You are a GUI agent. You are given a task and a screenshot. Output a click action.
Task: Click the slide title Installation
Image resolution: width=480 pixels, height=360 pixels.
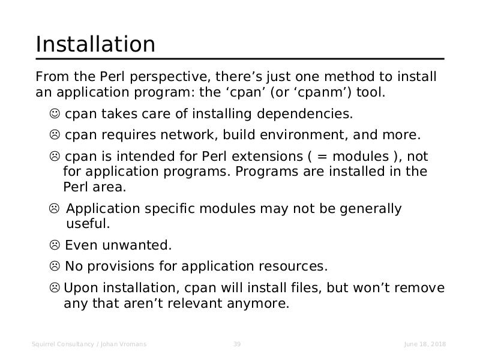coord(95,44)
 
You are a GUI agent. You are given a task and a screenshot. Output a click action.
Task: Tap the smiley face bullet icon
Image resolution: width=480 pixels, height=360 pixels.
coord(55,113)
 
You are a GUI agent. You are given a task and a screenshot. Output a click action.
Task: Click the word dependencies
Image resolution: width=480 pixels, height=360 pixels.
coord(305,114)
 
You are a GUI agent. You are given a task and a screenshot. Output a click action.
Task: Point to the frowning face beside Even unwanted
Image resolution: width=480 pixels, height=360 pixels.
coord(55,245)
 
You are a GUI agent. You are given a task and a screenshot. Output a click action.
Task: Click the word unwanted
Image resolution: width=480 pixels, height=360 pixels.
coord(137,245)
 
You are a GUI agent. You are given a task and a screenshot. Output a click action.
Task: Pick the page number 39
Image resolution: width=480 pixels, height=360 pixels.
coord(237,344)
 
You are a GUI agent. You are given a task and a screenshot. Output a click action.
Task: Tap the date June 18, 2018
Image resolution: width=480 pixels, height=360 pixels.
coord(425,344)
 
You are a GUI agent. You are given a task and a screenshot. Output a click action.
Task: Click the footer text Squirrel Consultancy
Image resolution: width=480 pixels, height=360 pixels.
coord(63,344)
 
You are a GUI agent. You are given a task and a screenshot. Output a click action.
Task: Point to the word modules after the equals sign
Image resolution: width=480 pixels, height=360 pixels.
coord(361,157)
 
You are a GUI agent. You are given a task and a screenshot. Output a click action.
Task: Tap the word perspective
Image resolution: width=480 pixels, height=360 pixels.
coord(170,77)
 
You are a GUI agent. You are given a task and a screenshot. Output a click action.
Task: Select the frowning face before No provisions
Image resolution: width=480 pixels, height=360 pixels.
coord(55,266)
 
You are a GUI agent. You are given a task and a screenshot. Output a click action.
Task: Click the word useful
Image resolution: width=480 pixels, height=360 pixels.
coord(88,223)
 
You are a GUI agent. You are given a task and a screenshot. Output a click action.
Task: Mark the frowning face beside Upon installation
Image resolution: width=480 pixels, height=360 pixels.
coord(55,288)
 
